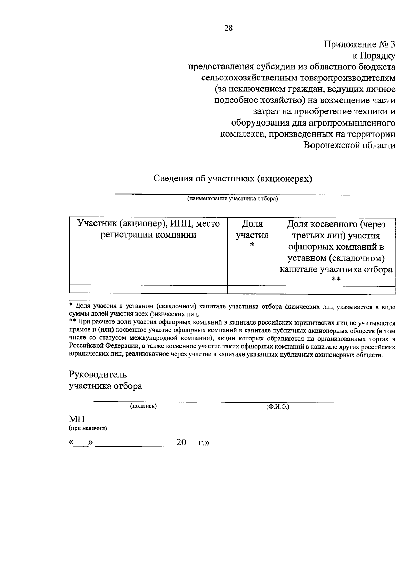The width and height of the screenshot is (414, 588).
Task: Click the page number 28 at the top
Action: pyautogui.click(x=228, y=28)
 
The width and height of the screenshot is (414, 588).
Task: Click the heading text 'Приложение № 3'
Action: pyautogui.click(x=359, y=44)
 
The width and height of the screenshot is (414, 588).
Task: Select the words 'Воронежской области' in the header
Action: pyautogui.click(x=349, y=146)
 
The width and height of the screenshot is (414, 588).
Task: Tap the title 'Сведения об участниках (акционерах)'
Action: pyautogui.click(x=233, y=179)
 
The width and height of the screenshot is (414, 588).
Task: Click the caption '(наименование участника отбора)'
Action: pyautogui.click(x=232, y=199)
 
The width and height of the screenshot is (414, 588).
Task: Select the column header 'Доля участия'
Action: pyautogui.click(x=252, y=230)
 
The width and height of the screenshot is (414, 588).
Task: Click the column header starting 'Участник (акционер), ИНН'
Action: pyautogui.click(x=148, y=229)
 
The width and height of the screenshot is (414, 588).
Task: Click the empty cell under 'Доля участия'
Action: pyautogui.click(x=252, y=290)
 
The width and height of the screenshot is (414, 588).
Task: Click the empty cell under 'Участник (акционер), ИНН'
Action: pyautogui.click(x=148, y=290)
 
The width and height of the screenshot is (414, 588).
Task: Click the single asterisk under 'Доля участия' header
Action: pyautogui.click(x=252, y=246)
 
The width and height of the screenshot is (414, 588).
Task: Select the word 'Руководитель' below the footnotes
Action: pyautogui.click(x=98, y=374)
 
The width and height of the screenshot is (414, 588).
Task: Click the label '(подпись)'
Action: pyautogui.click(x=143, y=406)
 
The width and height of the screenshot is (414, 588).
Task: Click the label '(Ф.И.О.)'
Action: pyautogui.click(x=277, y=407)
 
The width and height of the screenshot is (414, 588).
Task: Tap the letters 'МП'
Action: pyautogui.click(x=77, y=419)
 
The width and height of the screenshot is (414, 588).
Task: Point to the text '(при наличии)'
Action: pyautogui.click(x=88, y=429)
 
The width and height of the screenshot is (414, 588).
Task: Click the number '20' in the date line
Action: pyautogui.click(x=181, y=442)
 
